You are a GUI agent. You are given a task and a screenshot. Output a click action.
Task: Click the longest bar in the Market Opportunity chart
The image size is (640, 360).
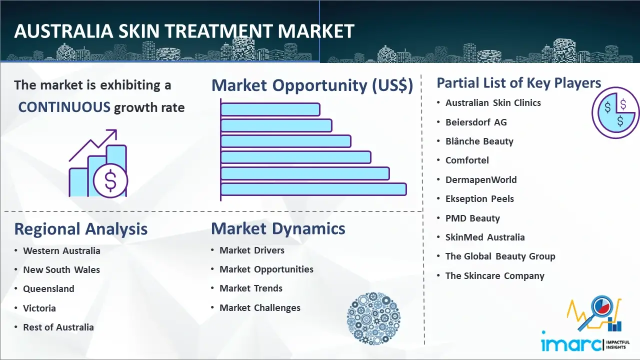coord(313,189)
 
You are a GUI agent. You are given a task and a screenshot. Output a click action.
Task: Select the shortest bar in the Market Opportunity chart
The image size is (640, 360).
coord(270,109)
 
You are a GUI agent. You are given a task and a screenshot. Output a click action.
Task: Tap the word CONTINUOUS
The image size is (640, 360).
coord(64,107)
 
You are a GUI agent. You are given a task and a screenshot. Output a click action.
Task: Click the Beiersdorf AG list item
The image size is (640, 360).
coord(476,122)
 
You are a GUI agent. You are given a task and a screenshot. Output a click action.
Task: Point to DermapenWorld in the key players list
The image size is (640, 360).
coord(481,179)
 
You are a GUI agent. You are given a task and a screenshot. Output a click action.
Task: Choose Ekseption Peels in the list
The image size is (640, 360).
coord(479,199)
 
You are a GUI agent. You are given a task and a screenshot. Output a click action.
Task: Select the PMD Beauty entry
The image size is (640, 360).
coord(473,218)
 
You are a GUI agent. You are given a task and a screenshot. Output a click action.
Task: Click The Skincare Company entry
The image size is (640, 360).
coord(495,275)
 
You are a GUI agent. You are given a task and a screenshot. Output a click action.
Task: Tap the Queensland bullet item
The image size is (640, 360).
coord(48,289)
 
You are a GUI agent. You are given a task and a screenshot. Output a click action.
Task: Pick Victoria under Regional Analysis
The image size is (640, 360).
coord(39,308)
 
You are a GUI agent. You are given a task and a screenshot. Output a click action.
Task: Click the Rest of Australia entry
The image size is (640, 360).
coord(58,327)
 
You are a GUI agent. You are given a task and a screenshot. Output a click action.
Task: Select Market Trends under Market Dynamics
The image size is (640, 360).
coord(251,288)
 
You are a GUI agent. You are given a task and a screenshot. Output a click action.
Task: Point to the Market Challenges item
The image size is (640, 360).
coord(260,307)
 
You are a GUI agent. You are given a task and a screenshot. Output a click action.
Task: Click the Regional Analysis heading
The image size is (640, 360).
coord(81,229)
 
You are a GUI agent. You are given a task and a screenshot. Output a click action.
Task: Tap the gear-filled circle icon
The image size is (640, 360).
coord(373,318)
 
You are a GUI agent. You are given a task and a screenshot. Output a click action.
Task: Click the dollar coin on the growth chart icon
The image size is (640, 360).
coord(110,181)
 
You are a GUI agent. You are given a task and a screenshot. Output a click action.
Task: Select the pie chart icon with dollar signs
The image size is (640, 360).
coord(615,113)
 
